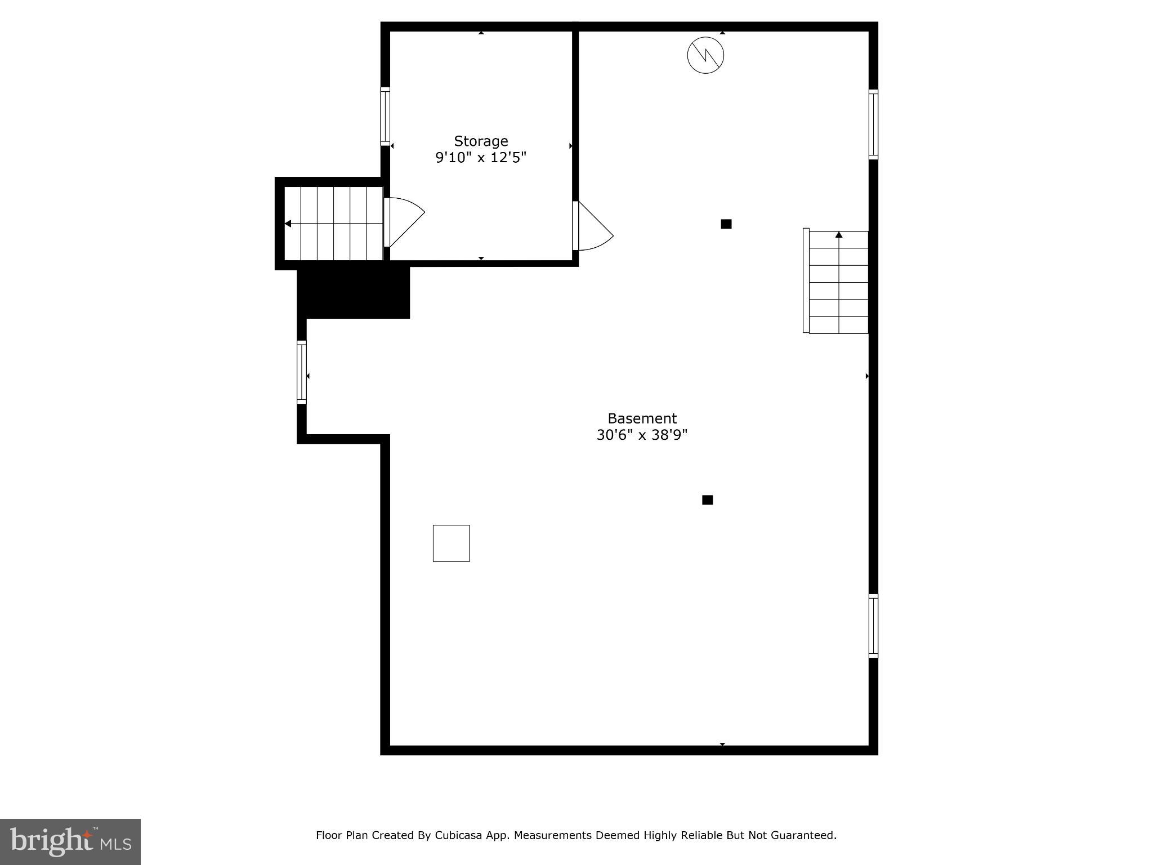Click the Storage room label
[x=481, y=141]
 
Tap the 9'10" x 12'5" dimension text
[x=481, y=157]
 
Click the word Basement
[x=642, y=418]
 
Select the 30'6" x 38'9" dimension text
[x=642, y=435]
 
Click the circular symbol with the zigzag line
[x=705, y=55]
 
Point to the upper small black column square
[x=726, y=224]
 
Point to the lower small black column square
[x=708, y=500]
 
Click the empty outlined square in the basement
[x=451, y=543]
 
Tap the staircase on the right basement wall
[x=838, y=282]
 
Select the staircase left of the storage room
[x=333, y=224]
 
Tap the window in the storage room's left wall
[x=385, y=116]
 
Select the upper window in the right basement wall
[x=873, y=124]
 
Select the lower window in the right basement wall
[x=873, y=626]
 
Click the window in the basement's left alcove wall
[x=302, y=372]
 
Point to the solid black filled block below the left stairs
[x=354, y=293]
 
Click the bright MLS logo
[x=70, y=841]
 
